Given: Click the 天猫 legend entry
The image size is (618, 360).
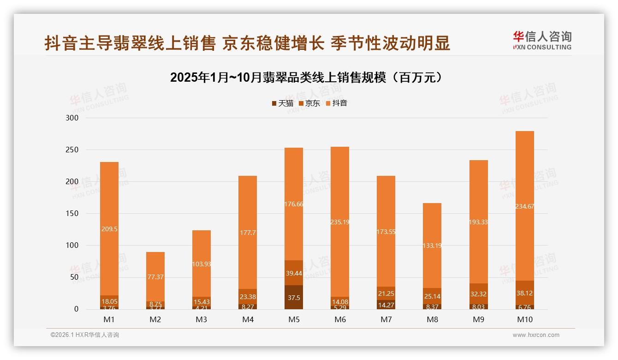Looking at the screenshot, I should tap(282, 103).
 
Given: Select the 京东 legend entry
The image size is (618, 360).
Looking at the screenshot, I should tap(309, 103).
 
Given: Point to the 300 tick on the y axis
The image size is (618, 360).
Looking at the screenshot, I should tap(73, 118).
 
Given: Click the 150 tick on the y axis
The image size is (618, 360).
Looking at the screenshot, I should tap(73, 213).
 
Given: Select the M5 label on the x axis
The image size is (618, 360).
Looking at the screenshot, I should tap(294, 319).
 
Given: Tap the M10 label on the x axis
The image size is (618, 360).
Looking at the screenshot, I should tap(524, 319).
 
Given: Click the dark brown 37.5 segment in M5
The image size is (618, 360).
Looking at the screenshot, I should tap(294, 298).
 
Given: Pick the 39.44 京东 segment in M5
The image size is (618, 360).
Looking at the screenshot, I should tap(294, 273).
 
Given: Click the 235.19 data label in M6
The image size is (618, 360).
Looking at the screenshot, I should tap(340, 222).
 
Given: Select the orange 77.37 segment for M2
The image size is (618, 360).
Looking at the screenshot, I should tap(155, 277).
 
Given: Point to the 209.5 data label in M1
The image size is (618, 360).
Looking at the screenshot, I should tap(109, 228).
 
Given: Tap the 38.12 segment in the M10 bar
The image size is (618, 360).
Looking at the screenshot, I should tap(524, 293).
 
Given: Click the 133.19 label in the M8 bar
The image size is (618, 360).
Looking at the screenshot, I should tap(432, 246).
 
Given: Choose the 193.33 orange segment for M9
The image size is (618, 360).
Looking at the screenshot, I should tap(478, 222).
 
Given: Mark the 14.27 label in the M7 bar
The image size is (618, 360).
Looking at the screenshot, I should tap(386, 305).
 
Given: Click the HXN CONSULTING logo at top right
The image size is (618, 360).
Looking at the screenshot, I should tap(542, 40).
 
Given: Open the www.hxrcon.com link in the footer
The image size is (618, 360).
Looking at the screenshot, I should tap(536, 335).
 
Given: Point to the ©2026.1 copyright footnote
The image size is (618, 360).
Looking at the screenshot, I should tap(84, 335).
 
